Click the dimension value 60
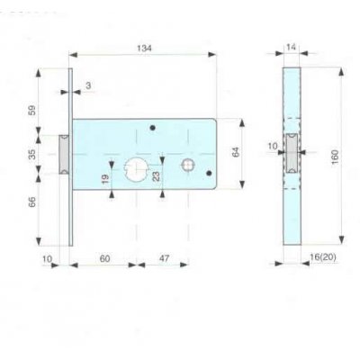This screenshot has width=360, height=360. [104, 258]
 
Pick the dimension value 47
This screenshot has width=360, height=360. [164, 258]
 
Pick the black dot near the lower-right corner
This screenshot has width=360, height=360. [210, 173]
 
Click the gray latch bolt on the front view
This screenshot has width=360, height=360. [64, 154]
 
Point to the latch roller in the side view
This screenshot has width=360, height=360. [292, 155]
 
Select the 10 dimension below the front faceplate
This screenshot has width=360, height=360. [47, 258]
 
